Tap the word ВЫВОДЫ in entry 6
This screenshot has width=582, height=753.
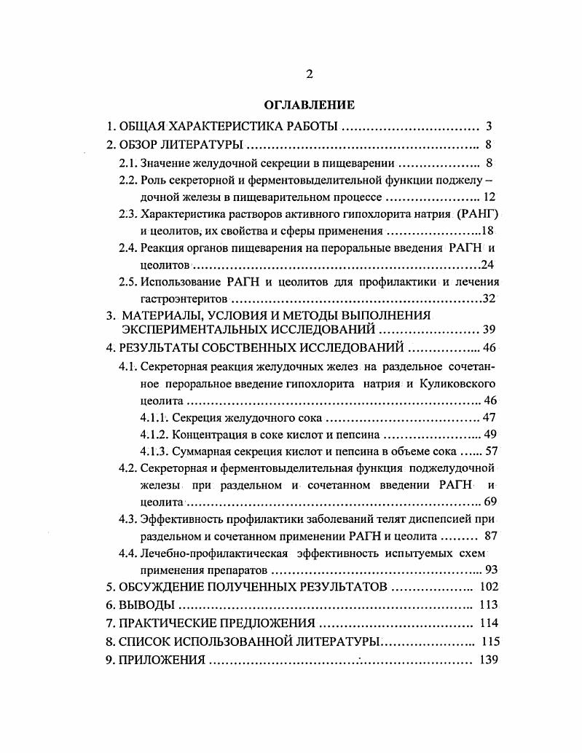[148, 605]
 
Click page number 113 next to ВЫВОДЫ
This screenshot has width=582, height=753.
[488, 605]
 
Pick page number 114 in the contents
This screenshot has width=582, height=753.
[488, 623]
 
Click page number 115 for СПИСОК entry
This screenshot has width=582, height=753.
[488, 642]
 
